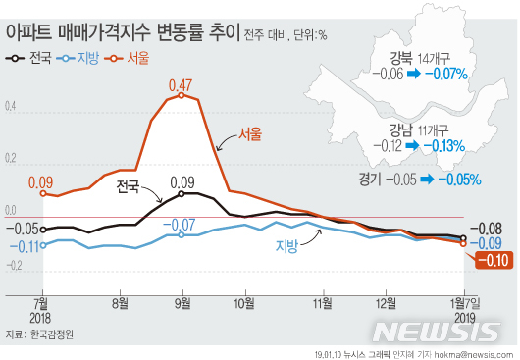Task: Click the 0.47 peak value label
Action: coord(180,86)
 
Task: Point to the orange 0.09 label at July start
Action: coord(40,181)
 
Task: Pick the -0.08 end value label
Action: coord(490,229)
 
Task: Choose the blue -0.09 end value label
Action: coord(490,243)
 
